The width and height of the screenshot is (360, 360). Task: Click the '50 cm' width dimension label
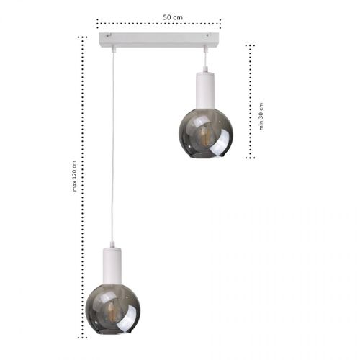172,16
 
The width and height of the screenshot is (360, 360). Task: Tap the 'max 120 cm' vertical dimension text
74,177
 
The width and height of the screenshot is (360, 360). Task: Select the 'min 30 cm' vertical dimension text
261,116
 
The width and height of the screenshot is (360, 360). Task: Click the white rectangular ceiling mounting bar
158,38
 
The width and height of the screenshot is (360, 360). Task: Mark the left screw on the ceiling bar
107,35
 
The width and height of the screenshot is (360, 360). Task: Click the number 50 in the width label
167,16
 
